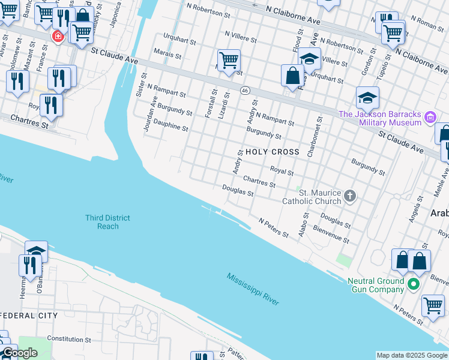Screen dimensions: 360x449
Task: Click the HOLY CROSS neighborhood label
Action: pyautogui.click(x=272, y=152)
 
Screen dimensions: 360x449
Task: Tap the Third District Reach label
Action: pyautogui.click(x=107, y=222)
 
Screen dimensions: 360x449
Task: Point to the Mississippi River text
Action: pyautogui.click(x=253, y=289)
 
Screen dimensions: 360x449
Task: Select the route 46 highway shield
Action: pyautogui.click(x=245, y=90)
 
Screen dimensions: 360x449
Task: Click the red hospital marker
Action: pyautogui.click(x=58, y=36)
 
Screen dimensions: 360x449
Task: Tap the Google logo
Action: pyautogui.click(x=19, y=353)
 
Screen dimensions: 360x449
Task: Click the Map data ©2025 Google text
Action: pyautogui.click(x=412, y=355)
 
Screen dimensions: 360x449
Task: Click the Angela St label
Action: pyautogui.click(x=414, y=211)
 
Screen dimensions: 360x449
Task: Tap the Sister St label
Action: pyautogui.click(x=142, y=85)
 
